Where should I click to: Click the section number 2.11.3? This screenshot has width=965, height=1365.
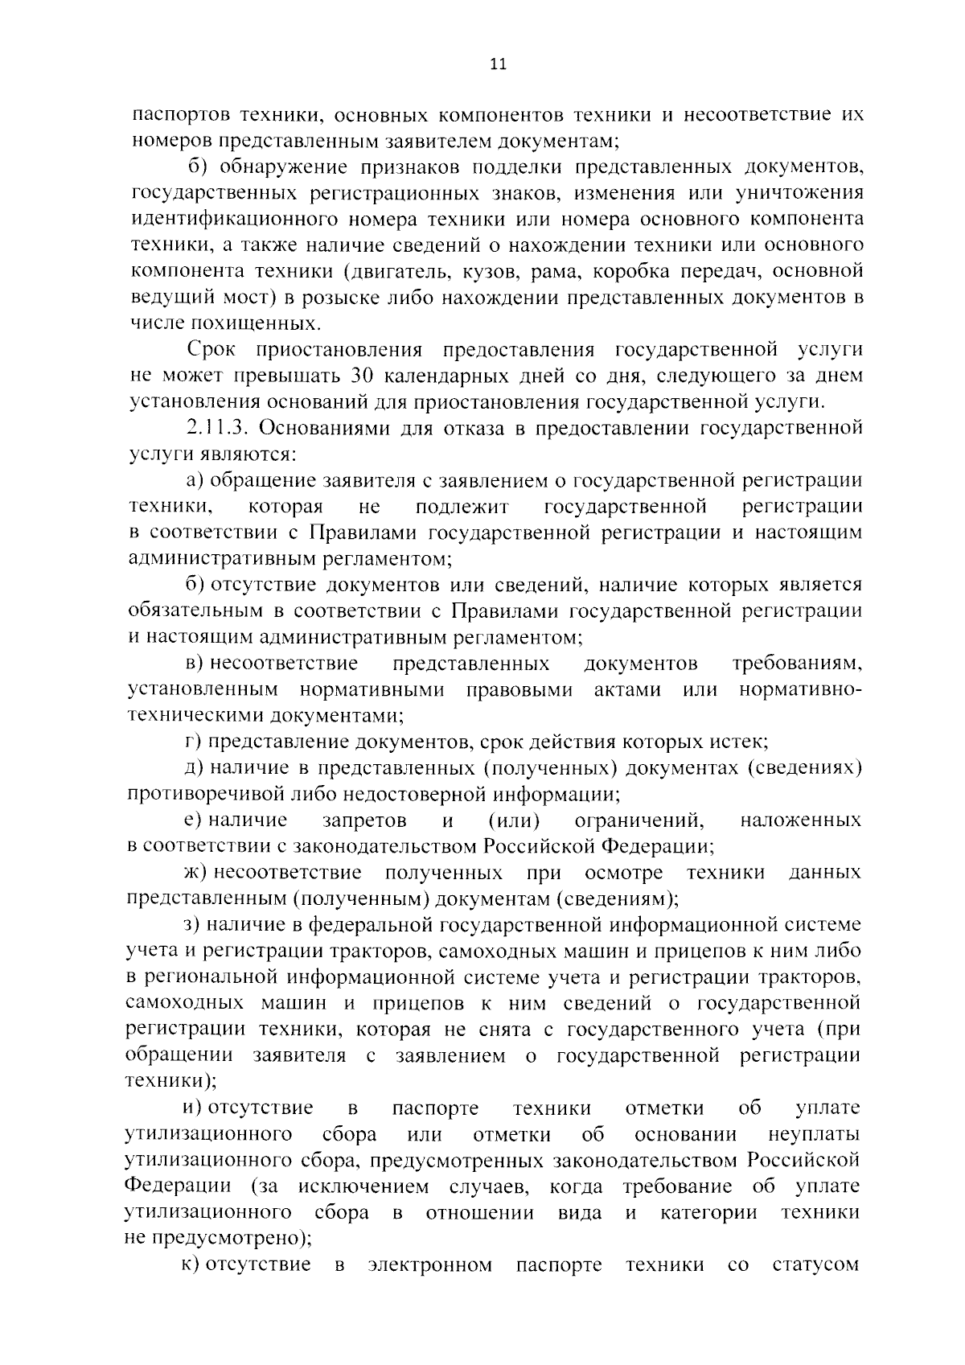[x=216, y=428]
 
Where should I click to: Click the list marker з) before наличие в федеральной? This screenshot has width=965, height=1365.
[x=191, y=925]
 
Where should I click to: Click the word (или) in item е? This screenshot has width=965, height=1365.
[x=514, y=820]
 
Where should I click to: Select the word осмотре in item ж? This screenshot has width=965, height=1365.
[x=624, y=873]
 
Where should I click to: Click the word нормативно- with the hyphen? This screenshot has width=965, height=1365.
[x=801, y=689]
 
